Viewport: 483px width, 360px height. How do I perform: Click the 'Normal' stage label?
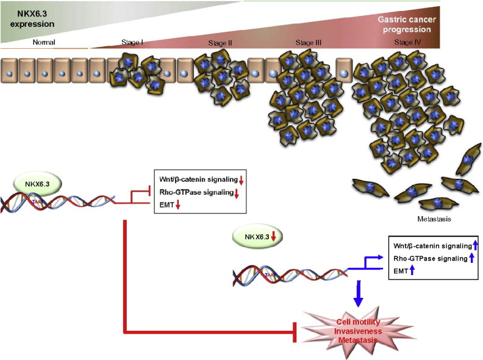[45, 42]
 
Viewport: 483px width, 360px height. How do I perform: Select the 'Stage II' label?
[220, 43]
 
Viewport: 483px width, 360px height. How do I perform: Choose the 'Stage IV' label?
[409, 42]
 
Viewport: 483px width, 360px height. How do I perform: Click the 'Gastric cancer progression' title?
[406, 24]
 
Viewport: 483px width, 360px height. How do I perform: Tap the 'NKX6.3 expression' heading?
[27, 18]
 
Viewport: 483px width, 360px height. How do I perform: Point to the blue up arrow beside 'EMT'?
[412, 270]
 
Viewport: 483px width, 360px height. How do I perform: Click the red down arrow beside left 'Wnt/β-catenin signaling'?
[240, 179]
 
